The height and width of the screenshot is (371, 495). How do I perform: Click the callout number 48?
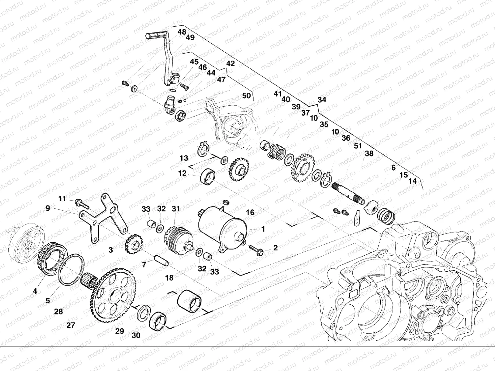(x=182, y=32)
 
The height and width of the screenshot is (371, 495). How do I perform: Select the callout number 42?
(x=230, y=64)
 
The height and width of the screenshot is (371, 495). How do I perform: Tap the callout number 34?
(x=322, y=100)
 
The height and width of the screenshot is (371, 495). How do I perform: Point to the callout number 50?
(x=246, y=96)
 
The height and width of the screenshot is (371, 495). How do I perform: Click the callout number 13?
(x=184, y=158)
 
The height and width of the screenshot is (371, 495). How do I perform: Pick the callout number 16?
(x=250, y=212)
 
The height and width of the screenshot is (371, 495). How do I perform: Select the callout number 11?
(x=62, y=199)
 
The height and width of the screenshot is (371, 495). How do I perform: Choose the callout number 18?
(x=169, y=278)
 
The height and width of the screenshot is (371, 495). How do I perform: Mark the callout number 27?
(x=71, y=325)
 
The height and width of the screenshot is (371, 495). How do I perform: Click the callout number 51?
(x=358, y=146)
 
